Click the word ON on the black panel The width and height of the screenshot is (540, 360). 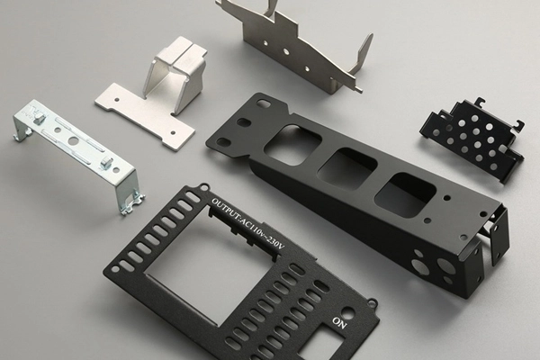[x=340, y=320]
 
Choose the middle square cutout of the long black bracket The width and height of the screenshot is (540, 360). [x=346, y=166]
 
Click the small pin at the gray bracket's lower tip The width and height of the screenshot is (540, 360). [x=360, y=89]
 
